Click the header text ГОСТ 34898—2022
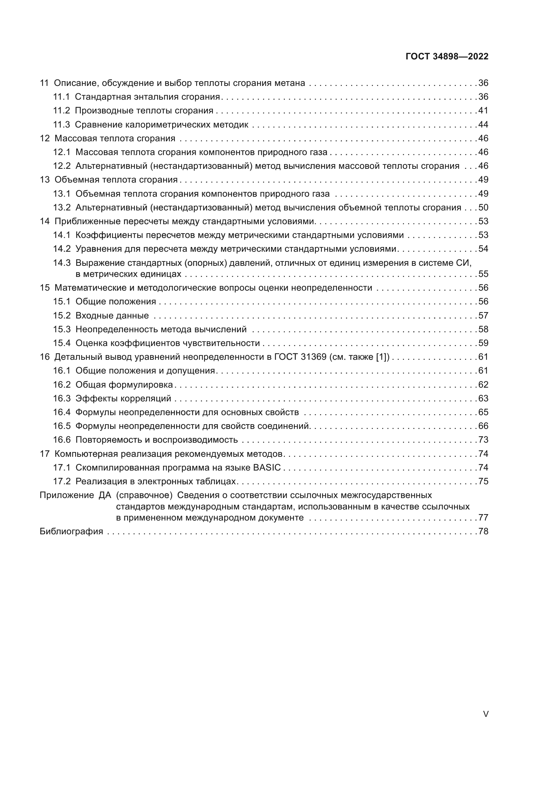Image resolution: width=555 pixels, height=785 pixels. coord(447,56)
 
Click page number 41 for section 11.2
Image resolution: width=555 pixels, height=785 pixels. coord(483,111)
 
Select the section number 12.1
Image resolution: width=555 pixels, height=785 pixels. coord(61,152)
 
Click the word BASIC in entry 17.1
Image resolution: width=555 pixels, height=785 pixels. coord(267,468)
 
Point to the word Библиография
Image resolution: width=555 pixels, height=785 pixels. coord(71,531)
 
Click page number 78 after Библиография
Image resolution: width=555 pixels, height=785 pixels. coord(483,531)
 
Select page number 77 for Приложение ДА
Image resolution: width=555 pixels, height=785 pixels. coord(483,518)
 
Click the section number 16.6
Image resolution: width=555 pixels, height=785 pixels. coord(61,440)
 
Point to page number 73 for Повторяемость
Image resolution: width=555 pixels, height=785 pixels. coord(483,440)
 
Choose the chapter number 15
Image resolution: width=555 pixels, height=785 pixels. coord(45,288)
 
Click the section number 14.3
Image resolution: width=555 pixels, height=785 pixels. coord(61,263)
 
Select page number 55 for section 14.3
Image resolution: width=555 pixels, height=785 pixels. coord(483,274)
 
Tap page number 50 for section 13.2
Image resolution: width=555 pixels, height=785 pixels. coord(483,207)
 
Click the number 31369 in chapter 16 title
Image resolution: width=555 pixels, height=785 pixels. coord(314,357)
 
